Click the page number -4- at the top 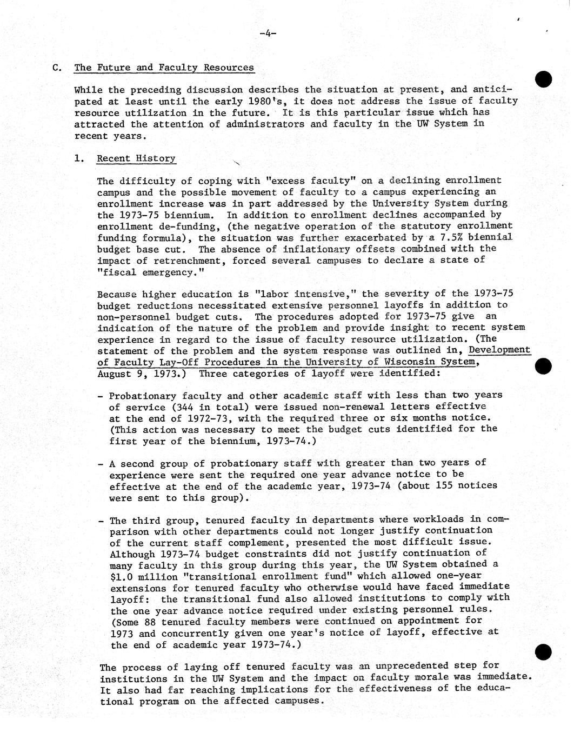268,34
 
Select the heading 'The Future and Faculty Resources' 164,68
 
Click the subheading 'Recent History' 136,158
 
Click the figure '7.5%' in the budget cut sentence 446,237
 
